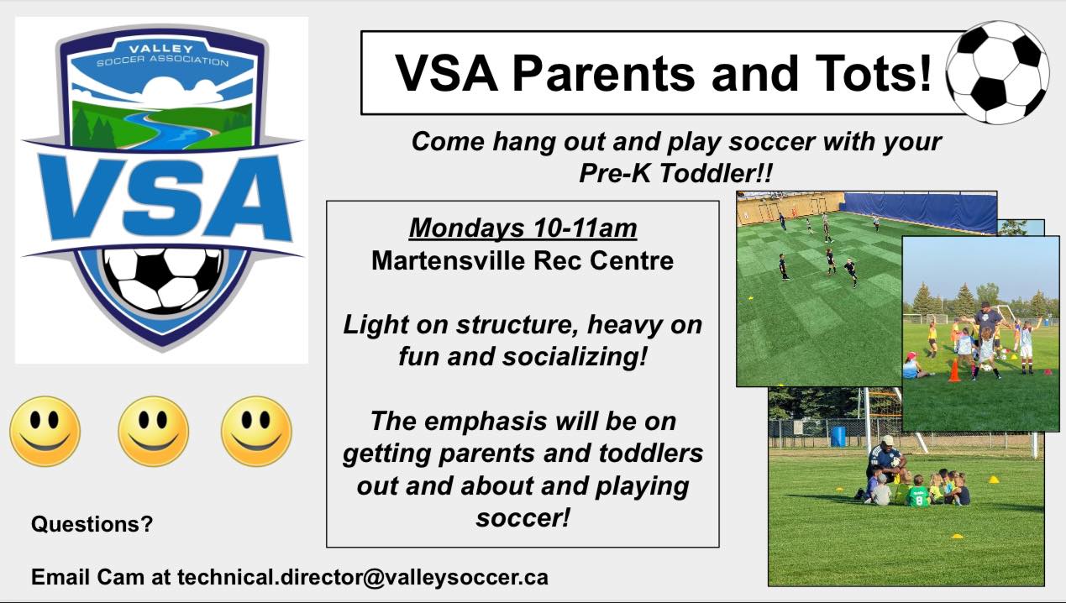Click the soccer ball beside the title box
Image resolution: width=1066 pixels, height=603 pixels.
[x=997, y=72]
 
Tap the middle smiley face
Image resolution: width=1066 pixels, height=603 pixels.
[x=153, y=431]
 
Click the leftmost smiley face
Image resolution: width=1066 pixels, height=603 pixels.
[x=45, y=431]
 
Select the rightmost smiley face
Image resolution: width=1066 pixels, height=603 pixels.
[x=256, y=431]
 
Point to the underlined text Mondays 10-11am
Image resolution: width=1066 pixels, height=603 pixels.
[x=522, y=228]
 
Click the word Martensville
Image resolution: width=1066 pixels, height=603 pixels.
[x=445, y=260]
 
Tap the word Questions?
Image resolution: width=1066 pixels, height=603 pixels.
[x=92, y=524]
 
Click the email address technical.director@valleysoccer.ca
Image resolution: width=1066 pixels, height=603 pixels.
[x=363, y=577]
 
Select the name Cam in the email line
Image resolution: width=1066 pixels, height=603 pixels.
[x=121, y=577]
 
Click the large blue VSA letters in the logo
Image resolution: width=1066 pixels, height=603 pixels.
[x=164, y=197]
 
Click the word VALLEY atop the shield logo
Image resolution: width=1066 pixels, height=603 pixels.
[x=160, y=49]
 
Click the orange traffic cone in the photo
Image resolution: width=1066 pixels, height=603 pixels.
[x=954, y=370]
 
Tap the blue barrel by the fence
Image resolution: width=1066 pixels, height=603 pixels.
[x=838, y=436]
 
